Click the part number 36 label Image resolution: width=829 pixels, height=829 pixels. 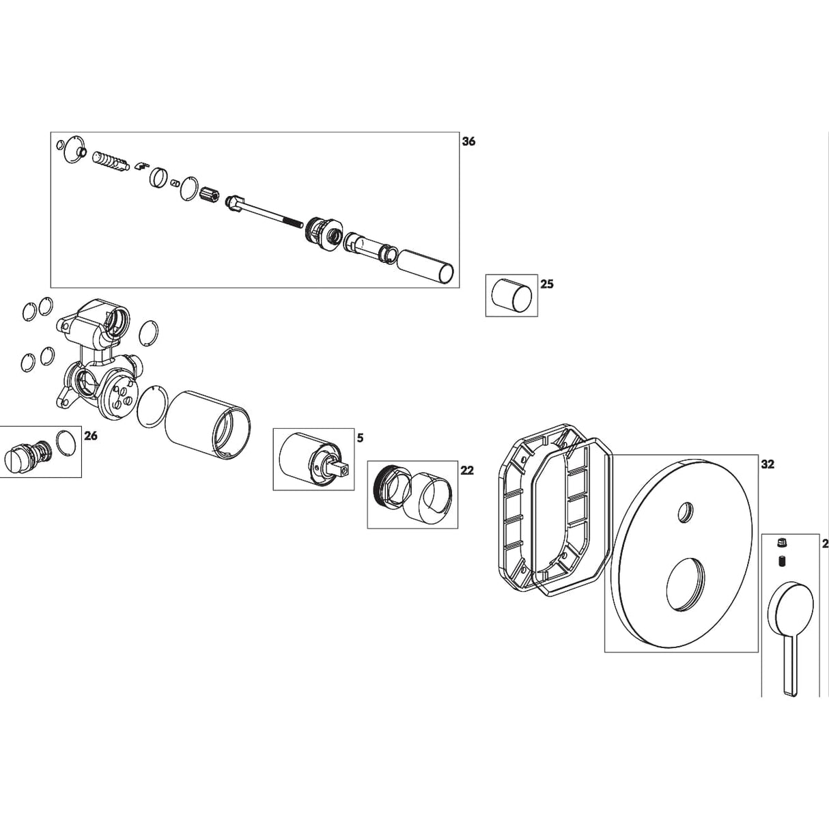[x=468, y=142]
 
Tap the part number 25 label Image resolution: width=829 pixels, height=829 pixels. [x=547, y=284]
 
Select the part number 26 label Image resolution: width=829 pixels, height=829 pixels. [x=91, y=436]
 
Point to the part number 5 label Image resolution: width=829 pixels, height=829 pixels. [x=359, y=436]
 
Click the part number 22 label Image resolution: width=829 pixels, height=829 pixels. [x=467, y=470]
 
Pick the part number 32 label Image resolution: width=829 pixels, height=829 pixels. [x=768, y=464]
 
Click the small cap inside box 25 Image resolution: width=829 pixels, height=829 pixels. [x=511, y=296]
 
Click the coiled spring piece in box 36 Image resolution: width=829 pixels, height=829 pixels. [x=109, y=163]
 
